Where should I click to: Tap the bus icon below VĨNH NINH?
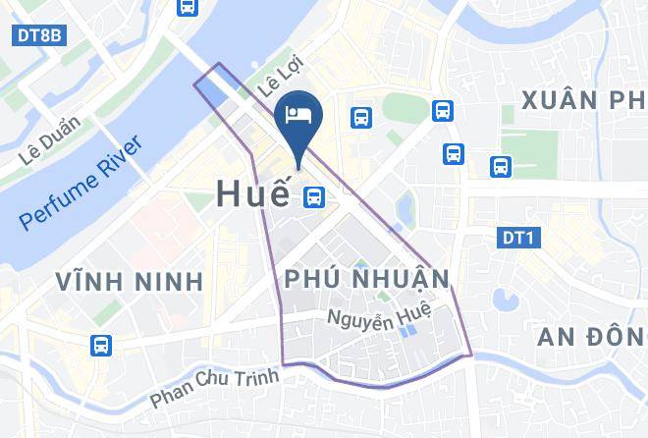click(101, 346)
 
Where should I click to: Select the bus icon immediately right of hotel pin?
click(361, 118)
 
